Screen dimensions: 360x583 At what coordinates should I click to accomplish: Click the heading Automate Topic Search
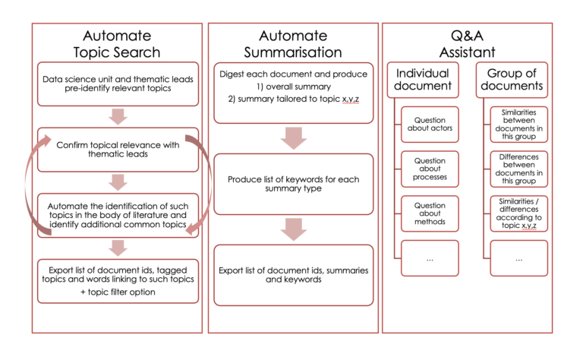coord(117,43)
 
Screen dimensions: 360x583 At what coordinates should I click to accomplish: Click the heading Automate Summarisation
coord(293,43)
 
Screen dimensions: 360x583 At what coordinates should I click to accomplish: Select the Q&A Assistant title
coord(465,43)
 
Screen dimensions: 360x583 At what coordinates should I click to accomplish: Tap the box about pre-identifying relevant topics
coord(117,84)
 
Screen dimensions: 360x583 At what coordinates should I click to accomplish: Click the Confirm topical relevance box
coord(117,149)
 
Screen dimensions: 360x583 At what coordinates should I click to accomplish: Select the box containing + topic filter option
coord(117,280)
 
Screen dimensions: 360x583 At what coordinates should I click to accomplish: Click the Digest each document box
coord(293,92)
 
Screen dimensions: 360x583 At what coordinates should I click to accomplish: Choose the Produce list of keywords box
coord(293,185)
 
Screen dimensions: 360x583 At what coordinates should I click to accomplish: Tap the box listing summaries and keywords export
coord(293,274)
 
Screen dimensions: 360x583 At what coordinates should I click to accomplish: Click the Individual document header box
coord(423,81)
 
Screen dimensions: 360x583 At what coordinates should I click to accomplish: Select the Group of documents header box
coord(515,81)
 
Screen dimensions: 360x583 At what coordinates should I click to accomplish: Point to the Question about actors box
coord(430,125)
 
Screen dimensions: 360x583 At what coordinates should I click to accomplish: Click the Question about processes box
coord(430,170)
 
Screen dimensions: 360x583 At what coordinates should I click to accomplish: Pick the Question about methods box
coord(430,213)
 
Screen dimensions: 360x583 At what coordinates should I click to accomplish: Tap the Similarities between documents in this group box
coord(518,125)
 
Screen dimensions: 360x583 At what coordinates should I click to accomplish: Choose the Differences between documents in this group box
coord(518,170)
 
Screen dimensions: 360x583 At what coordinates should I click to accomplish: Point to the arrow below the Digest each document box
coord(293,139)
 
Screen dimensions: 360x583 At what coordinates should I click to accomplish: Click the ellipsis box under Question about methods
coord(430,258)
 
